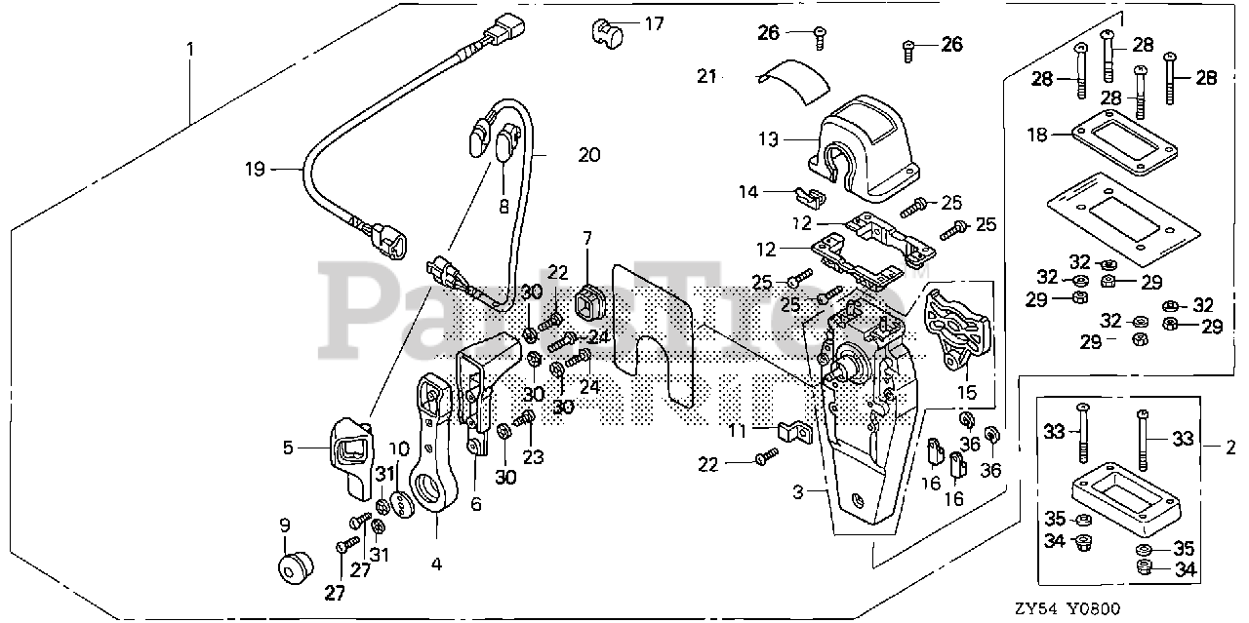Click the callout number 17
pos(654,23)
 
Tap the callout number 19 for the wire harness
pos(255,170)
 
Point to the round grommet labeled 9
pos(293,567)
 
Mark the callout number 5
pos(288,448)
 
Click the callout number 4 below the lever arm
pos(436,563)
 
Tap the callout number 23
pos(534,455)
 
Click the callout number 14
pos(747,193)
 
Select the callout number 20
pos(588,154)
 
